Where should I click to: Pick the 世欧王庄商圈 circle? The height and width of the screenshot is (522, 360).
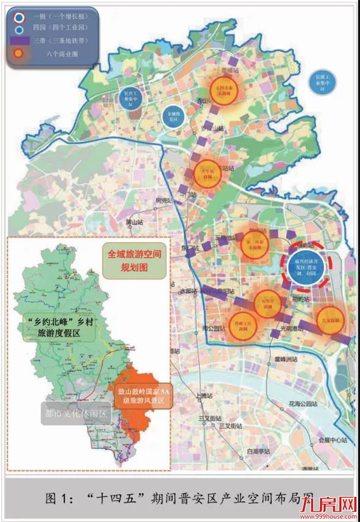[241, 324]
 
